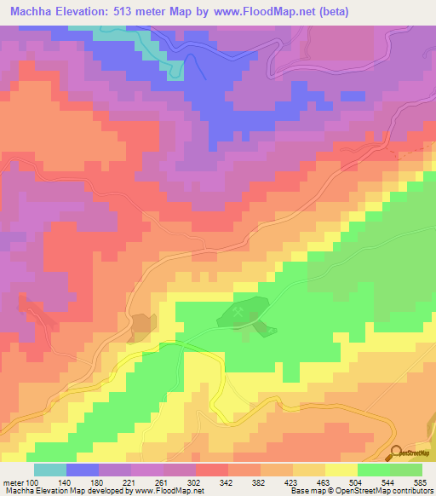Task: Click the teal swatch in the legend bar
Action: tap(49, 470)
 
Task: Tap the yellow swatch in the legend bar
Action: tap(341, 470)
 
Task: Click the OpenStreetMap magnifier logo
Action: tap(396, 453)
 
